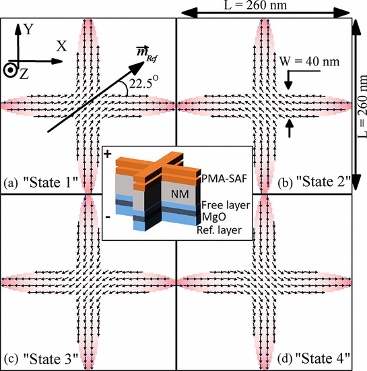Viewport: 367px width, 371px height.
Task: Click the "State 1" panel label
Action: (x=41, y=183)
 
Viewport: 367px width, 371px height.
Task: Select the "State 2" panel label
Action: (x=314, y=182)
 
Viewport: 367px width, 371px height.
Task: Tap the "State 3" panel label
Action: (x=41, y=359)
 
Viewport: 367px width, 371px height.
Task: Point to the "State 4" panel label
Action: (x=314, y=358)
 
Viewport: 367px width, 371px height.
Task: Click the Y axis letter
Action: (x=28, y=29)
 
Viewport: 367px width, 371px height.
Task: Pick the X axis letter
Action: (x=61, y=46)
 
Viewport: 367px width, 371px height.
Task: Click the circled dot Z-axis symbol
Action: (x=10, y=70)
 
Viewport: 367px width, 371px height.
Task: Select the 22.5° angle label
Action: (x=143, y=82)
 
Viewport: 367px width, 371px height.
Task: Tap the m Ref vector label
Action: (x=147, y=53)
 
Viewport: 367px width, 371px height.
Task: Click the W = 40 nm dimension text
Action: (x=309, y=61)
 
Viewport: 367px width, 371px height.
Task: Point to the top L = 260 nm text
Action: (x=255, y=5)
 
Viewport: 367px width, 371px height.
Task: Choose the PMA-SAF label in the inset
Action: (x=224, y=179)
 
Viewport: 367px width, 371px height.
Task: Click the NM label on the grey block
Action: (x=180, y=194)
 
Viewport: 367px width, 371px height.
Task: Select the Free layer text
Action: (x=226, y=205)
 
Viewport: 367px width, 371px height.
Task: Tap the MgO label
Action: (x=213, y=217)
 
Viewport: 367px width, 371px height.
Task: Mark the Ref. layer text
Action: (x=219, y=230)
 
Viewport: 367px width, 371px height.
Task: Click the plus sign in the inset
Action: (x=108, y=154)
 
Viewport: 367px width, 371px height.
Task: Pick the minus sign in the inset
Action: (x=108, y=217)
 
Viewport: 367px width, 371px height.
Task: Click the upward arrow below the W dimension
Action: (x=290, y=128)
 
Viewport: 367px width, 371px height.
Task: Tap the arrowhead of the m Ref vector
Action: (x=137, y=67)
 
